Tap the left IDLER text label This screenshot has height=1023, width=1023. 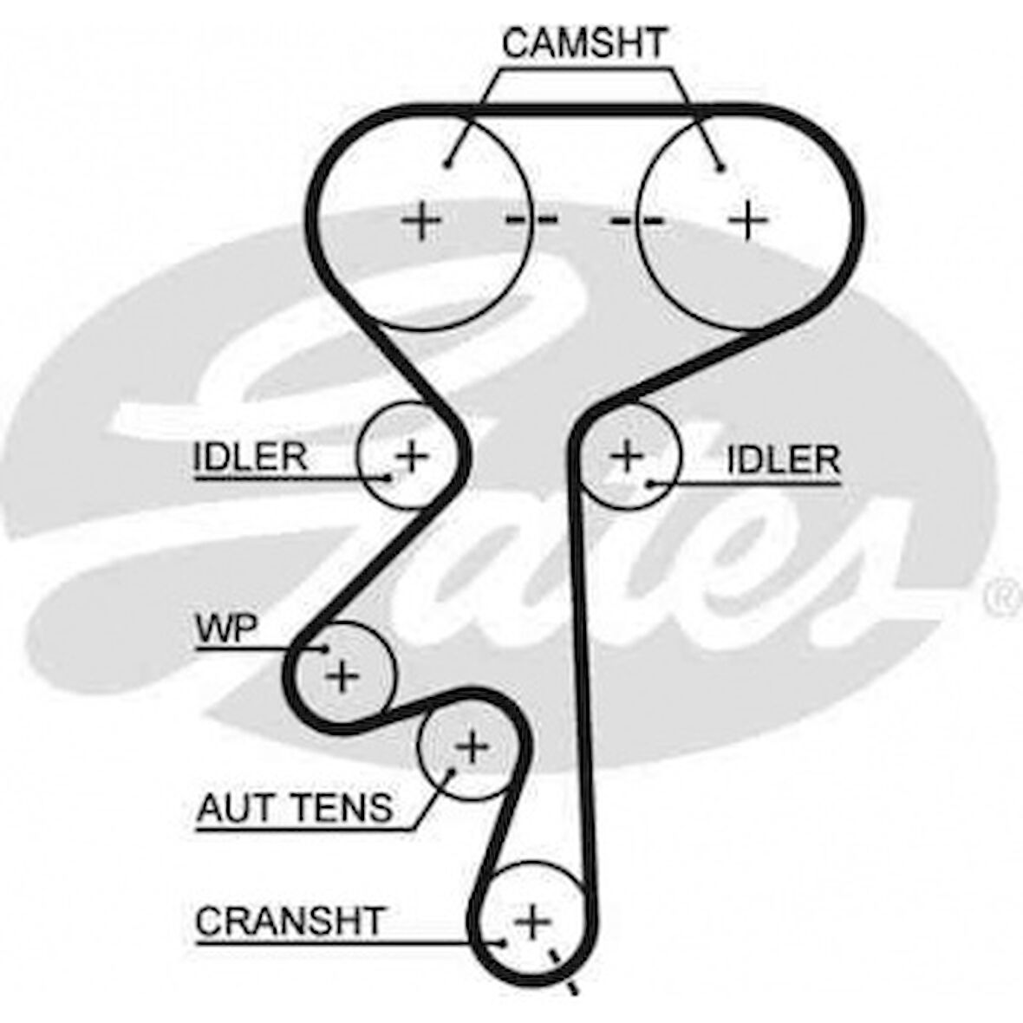pyautogui.click(x=250, y=457)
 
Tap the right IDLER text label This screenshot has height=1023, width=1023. pyautogui.click(x=783, y=460)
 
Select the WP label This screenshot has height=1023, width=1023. pyautogui.click(x=226, y=629)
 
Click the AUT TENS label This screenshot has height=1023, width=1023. pyautogui.click(x=295, y=808)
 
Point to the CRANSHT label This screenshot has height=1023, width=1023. pyautogui.click(x=290, y=922)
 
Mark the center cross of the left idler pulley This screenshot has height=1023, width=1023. pyautogui.click(x=412, y=453)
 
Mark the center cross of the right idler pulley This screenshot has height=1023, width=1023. pyautogui.click(x=627, y=455)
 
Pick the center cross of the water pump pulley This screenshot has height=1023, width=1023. pyautogui.click(x=342, y=674)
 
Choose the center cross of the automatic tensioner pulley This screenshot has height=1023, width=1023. pyautogui.click(x=472, y=746)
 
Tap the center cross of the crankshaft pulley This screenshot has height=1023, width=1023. pyautogui.click(x=532, y=920)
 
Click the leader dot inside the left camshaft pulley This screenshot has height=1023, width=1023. pyautogui.click(x=447, y=164)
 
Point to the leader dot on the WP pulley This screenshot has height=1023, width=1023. pyautogui.click(x=326, y=648)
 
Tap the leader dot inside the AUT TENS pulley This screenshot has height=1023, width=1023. pyautogui.click(x=451, y=770)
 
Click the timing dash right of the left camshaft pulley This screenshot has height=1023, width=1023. pyautogui.click(x=531, y=220)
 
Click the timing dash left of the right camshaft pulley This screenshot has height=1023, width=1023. pyautogui.click(x=637, y=221)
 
